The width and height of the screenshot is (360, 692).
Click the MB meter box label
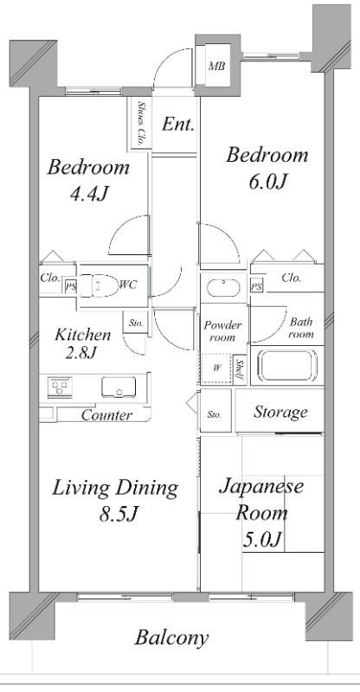pos(216,67)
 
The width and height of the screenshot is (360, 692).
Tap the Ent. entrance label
pos(177,125)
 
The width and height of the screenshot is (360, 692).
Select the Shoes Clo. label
pos(141,124)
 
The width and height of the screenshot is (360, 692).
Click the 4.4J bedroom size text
pos(89,194)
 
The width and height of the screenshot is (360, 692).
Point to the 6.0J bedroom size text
pos(269,181)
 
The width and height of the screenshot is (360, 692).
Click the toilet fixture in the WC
pos(98,285)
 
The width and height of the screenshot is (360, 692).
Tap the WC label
pos(128,285)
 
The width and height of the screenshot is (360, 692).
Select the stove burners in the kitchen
pos(60,388)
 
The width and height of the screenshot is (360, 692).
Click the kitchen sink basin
pos(119,387)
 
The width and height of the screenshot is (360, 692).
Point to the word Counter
pos(106,415)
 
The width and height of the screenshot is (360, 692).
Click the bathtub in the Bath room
pos(287,365)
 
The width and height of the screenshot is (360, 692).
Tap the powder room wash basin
pos(223,288)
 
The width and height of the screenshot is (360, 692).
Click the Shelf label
pos(240,369)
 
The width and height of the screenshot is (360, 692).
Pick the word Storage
pos(280,412)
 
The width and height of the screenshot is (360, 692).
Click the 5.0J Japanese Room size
pos(262,539)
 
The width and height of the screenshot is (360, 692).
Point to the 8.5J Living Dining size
pos(119,514)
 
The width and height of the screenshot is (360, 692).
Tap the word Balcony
pos(171,638)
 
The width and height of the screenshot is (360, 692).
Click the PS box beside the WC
pos(70,285)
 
